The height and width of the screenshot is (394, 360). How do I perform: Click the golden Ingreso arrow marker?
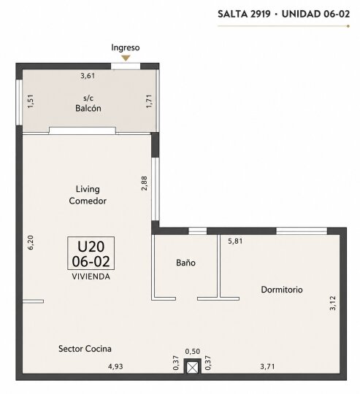pyautogui.click(x=126, y=58)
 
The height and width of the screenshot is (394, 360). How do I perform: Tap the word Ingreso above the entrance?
pyautogui.click(x=126, y=47)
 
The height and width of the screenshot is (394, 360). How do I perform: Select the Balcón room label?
pyautogui.click(x=88, y=108)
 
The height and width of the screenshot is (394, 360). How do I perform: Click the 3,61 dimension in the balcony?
pyautogui.click(x=88, y=76)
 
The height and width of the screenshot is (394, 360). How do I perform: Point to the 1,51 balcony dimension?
pyautogui.click(x=31, y=101)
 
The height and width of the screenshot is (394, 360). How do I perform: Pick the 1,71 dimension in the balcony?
pyautogui.click(x=149, y=101)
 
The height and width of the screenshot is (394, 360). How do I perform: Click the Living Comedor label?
pyautogui.click(x=88, y=195)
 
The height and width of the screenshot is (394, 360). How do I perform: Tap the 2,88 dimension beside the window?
pyautogui.click(x=145, y=183)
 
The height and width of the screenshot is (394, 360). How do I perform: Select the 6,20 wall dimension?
pyautogui.click(x=31, y=242)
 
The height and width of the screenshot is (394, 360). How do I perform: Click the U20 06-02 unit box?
pyautogui.click(x=91, y=253)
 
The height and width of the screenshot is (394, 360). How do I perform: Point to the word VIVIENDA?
pyautogui.click(x=91, y=277)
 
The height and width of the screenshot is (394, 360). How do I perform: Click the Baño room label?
pyautogui.click(x=185, y=263)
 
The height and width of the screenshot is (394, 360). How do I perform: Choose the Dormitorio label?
pyautogui.click(x=282, y=290)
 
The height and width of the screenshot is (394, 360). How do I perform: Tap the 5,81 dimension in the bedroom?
pyautogui.click(x=235, y=242)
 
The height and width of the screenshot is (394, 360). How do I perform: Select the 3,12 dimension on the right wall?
pyautogui.click(x=332, y=303)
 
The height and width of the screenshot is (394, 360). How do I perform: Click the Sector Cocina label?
pyautogui.click(x=85, y=349)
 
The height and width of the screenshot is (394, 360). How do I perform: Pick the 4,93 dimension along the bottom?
pyautogui.click(x=115, y=366)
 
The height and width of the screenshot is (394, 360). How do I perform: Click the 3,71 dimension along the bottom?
pyautogui.click(x=267, y=366)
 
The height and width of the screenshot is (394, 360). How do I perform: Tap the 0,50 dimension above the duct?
pyautogui.click(x=193, y=351)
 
